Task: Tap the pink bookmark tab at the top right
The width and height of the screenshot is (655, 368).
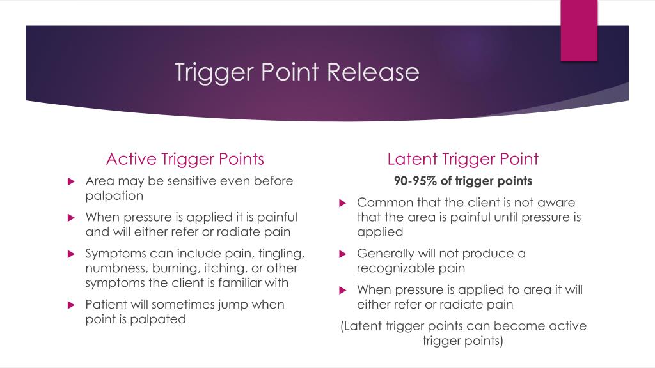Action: [579, 31]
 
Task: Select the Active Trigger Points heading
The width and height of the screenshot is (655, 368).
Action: [185, 158]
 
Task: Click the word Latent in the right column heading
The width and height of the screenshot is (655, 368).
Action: [413, 158]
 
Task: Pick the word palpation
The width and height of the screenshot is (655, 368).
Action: [114, 196]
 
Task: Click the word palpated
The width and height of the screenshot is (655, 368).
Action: [159, 319]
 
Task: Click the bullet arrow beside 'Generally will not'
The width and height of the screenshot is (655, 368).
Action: [342, 254]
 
